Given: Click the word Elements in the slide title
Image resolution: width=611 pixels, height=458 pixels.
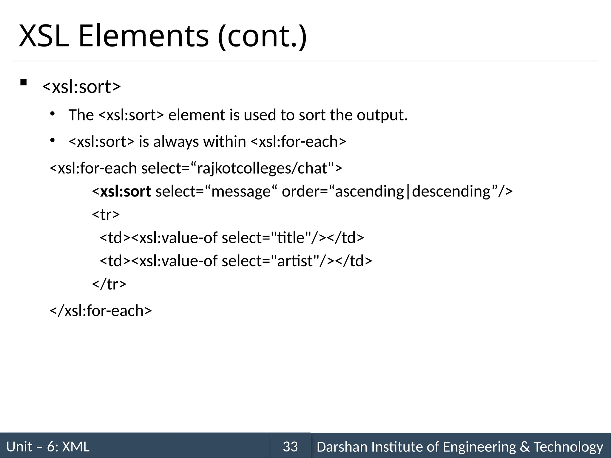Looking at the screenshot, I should [144, 36].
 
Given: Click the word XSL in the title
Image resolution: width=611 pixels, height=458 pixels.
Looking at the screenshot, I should [44, 36].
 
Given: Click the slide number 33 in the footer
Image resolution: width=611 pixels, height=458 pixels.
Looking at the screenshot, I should [290, 447].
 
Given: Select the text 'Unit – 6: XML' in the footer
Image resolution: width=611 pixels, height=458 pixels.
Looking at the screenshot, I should [48, 447].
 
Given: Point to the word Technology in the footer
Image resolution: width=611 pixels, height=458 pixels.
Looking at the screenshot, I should [568, 447].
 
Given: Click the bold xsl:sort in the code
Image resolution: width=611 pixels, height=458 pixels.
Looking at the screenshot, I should [126, 191].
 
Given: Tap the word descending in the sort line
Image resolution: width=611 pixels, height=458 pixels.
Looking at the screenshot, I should [451, 191].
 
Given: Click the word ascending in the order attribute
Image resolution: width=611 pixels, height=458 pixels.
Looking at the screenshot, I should [369, 191].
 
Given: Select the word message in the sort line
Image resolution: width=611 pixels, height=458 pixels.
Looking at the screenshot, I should [241, 191].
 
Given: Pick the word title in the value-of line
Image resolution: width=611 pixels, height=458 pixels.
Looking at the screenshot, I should [291, 238].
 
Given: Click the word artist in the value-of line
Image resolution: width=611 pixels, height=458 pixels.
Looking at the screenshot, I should [294, 261].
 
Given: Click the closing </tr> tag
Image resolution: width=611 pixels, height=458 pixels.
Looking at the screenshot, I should [109, 284].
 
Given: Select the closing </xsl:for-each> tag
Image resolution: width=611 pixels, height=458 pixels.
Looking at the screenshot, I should [101, 311].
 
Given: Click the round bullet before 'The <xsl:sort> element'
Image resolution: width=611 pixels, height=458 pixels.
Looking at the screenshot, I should [53, 114].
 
